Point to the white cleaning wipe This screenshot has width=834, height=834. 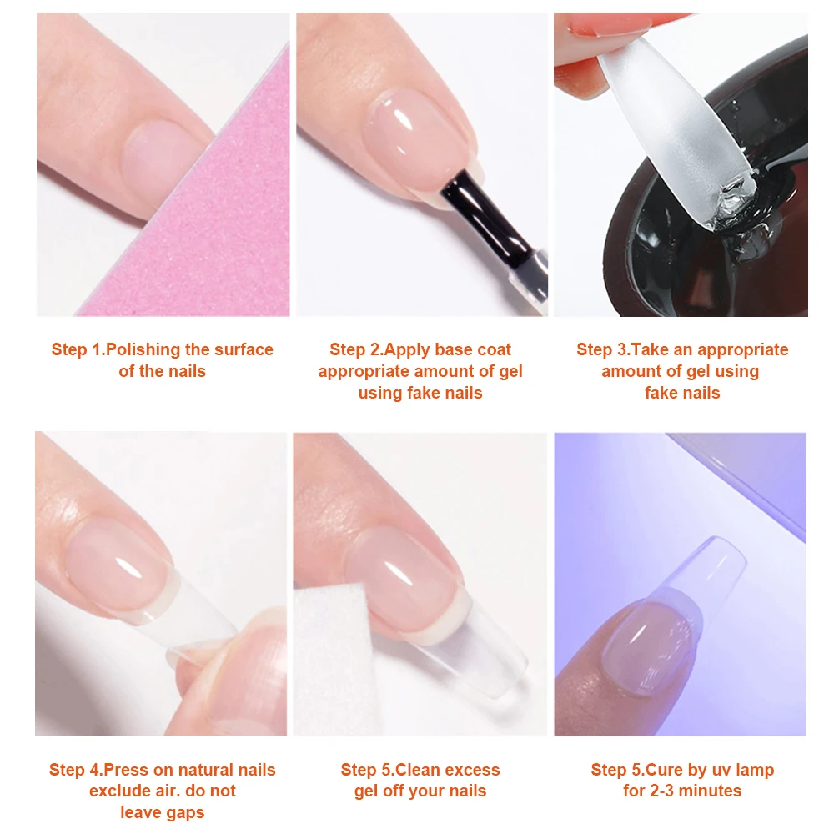pyautogui.click(x=333, y=660)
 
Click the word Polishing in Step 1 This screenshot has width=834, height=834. pyautogui.click(x=143, y=350)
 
